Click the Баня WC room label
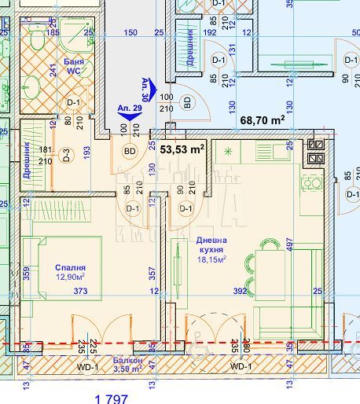[x=74, y=64]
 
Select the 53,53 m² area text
[x=182, y=147]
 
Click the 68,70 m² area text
[x=262, y=120]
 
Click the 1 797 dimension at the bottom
[x=111, y=398]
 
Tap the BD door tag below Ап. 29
[x=130, y=150]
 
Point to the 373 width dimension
[x=79, y=291]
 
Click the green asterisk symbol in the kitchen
[x=229, y=150]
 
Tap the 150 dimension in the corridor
[x=130, y=33]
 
